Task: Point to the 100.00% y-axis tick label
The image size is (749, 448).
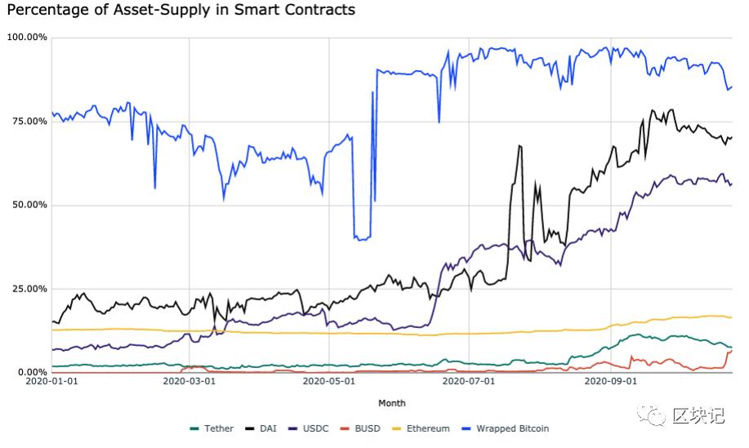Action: tap(27, 38)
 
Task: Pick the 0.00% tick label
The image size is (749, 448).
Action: tap(31, 373)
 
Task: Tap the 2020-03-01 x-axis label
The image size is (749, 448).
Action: tap(189, 381)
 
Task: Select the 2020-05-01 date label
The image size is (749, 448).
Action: tap(329, 381)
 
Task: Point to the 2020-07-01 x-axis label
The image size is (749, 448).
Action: tap(470, 381)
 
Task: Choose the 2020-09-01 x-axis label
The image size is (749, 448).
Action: tap(611, 381)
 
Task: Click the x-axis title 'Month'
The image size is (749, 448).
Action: tap(391, 403)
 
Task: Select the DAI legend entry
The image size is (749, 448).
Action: tap(265, 428)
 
